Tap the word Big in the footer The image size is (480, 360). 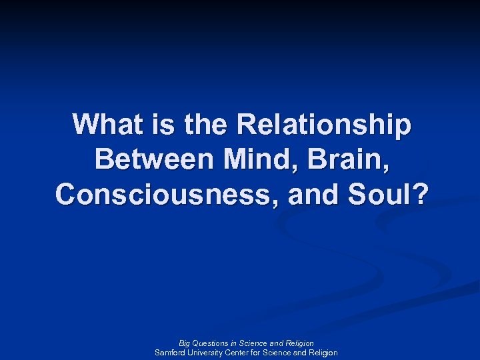(185, 343)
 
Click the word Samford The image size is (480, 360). (170, 353)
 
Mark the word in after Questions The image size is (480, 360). (234, 343)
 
